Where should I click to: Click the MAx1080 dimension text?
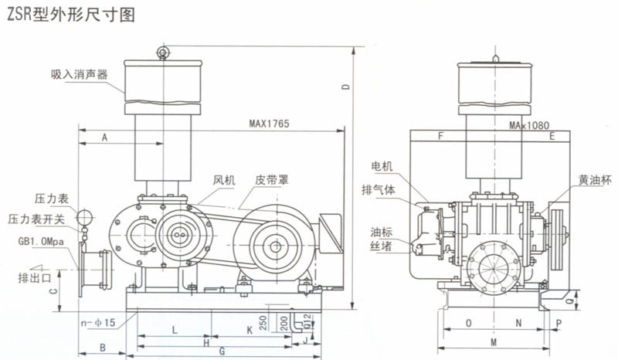pyautogui.click(x=529, y=124)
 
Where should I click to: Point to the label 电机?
pyautogui.click(x=382, y=166)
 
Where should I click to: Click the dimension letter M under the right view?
pyautogui.click(x=494, y=341)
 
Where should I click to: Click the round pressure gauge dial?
pyautogui.click(x=86, y=216)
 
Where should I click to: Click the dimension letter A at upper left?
pyautogui.click(x=105, y=137)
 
